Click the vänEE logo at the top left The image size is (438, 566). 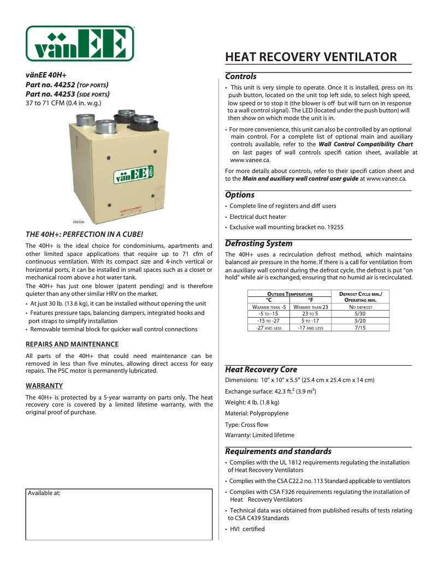point(80,44)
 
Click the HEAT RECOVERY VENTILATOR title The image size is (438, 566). point(311,57)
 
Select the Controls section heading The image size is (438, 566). point(241,77)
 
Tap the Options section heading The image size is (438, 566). point(240,195)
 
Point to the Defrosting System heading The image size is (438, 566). point(258,243)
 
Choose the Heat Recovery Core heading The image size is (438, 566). point(261,370)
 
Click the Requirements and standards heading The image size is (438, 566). point(278,451)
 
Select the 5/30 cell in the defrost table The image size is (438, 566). point(359,314)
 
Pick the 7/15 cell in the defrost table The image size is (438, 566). point(359,327)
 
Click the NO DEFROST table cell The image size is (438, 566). point(359,307)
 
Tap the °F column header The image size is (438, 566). point(310,300)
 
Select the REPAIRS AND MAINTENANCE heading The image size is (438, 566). point(72,344)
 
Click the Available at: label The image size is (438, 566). point(44,493)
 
